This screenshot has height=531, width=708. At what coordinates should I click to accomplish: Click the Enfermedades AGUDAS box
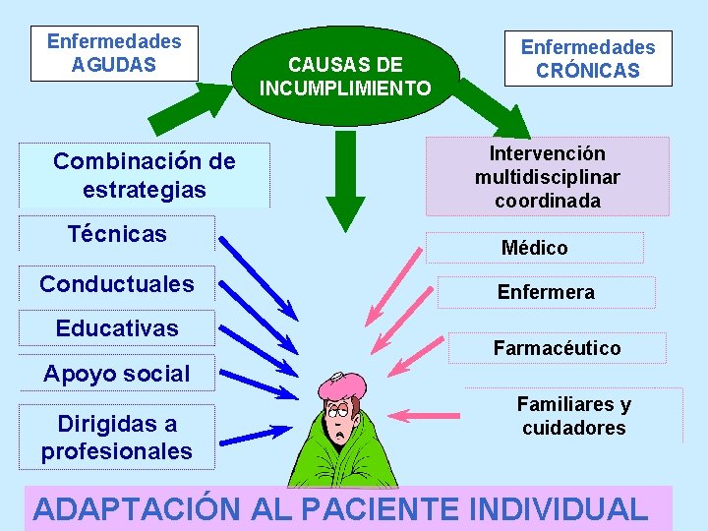pos(114,53)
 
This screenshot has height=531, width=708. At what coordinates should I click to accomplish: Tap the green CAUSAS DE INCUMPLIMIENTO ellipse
pos(345,71)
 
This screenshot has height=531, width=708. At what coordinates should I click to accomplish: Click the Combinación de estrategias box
pos(145,175)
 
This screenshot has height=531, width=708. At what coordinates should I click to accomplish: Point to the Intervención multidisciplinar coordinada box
pos(547,177)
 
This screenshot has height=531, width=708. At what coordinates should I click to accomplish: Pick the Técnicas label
pos(117,234)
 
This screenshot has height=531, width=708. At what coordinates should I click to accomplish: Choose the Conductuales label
pos(117,284)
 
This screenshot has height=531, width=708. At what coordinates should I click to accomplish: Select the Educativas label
pos(117,328)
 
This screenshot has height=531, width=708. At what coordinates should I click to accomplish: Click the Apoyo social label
pos(117,374)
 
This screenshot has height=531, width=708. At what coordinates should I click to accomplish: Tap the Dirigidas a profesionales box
pos(117,438)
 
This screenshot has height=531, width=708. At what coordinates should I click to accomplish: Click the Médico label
pos(534,248)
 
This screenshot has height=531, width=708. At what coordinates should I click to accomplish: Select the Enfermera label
pos(546,292)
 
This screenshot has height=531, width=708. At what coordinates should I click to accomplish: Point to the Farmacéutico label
pos(557,348)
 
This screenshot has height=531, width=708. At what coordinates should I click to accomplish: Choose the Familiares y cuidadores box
pos(573,416)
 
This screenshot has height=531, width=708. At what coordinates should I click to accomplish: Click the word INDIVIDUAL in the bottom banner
pos(560,508)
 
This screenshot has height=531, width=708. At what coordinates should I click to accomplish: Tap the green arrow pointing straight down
pos(345,192)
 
